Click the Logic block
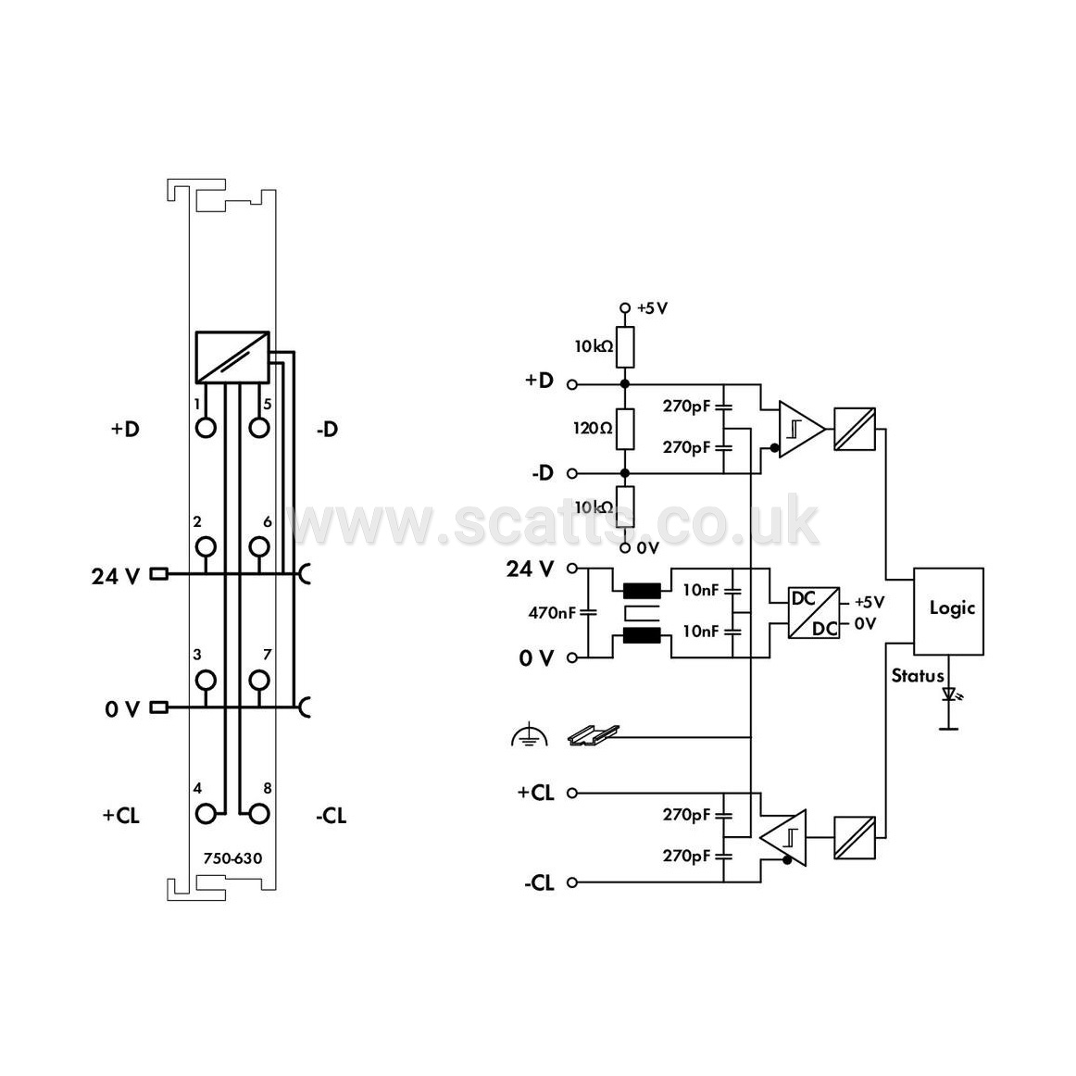[x=948, y=611]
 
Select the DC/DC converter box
[x=813, y=613]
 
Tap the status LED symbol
[x=950, y=694]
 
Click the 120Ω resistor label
[x=593, y=429]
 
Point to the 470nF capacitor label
[x=552, y=613]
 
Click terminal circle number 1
[x=206, y=428]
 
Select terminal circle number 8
[x=258, y=814]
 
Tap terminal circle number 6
[x=258, y=547]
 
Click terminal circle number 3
[x=206, y=680]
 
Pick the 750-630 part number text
[x=232, y=858]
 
